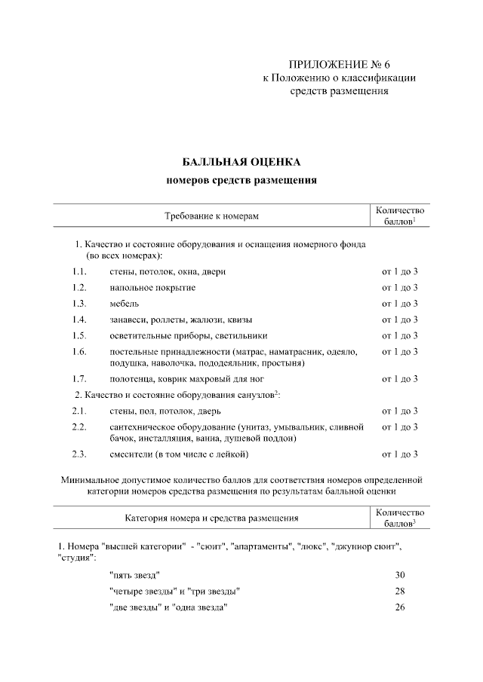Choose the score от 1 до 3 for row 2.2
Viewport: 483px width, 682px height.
click(x=400, y=427)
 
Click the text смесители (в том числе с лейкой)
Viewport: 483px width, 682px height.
click(x=180, y=454)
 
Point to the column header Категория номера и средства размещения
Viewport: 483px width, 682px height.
click(x=211, y=518)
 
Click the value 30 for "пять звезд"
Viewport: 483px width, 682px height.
click(x=400, y=575)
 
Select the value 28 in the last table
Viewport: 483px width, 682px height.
click(x=400, y=591)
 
